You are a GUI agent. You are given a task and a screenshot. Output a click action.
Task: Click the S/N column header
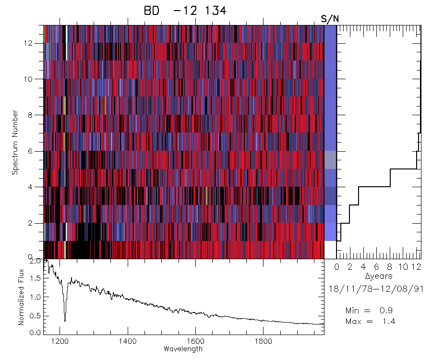tap(330, 19)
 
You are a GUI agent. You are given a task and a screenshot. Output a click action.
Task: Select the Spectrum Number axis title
tap(15, 142)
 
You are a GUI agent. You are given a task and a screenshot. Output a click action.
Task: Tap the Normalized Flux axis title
tap(21, 296)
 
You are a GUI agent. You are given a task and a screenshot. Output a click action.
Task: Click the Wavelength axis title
tap(183, 349)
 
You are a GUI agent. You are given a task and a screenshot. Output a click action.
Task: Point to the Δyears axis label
tap(379, 276)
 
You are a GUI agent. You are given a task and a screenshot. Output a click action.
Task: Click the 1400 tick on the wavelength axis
tap(128, 341)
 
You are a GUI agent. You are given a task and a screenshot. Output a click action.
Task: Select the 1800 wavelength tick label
tap(263, 341)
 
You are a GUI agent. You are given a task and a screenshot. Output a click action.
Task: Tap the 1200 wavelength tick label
tap(60, 341)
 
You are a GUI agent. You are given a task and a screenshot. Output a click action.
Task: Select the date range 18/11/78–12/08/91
tap(379, 289)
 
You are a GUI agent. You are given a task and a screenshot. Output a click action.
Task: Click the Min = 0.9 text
tap(370, 311)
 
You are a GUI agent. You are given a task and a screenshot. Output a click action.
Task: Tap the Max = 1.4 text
tap(370, 321)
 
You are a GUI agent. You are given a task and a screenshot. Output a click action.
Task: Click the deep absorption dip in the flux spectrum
tap(65, 319)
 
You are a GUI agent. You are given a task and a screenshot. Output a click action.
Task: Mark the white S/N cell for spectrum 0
tap(330, 250)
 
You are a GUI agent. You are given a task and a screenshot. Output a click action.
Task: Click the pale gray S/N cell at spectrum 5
tap(330, 160)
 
